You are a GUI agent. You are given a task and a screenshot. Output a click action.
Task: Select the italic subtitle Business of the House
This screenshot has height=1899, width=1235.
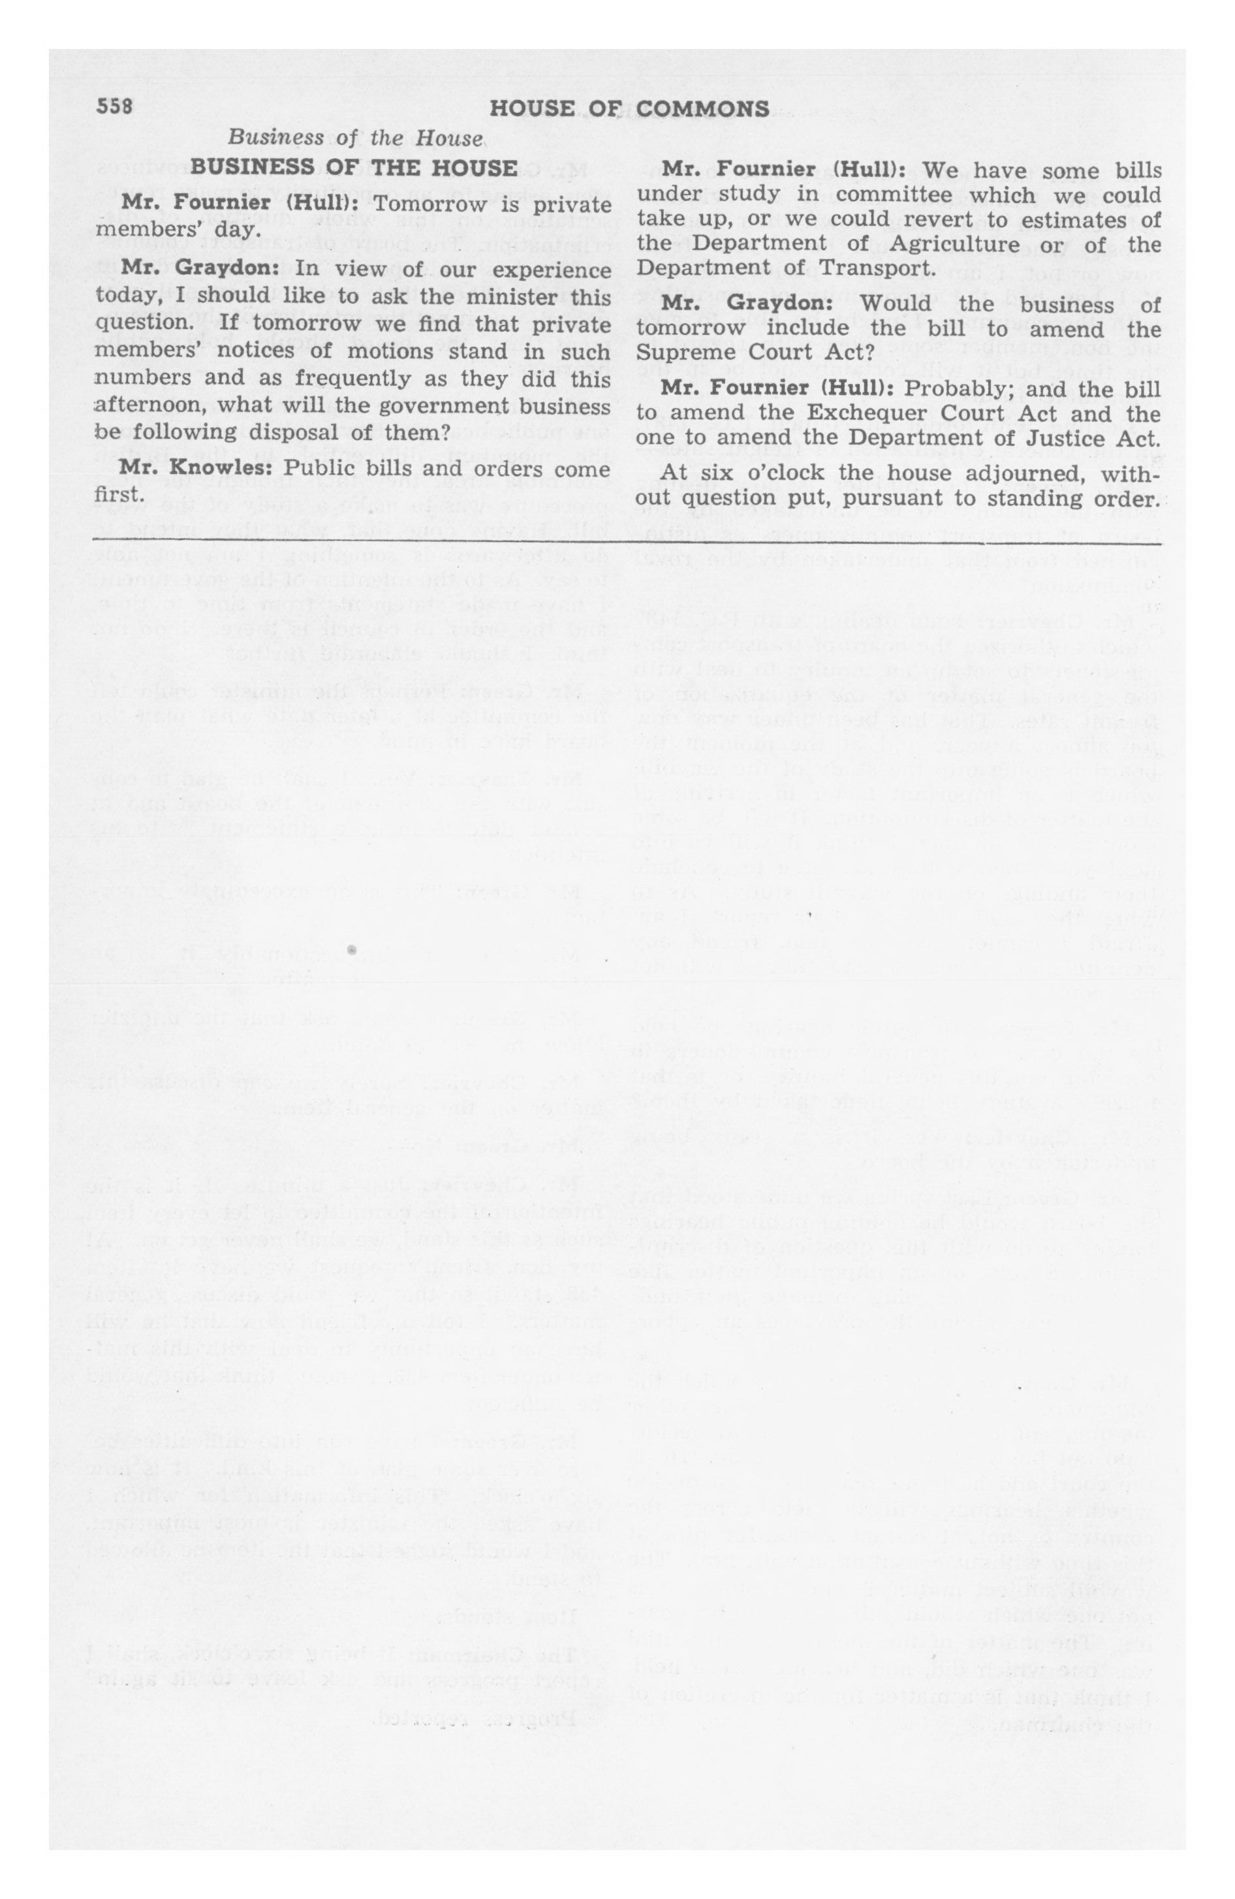(x=356, y=137)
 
